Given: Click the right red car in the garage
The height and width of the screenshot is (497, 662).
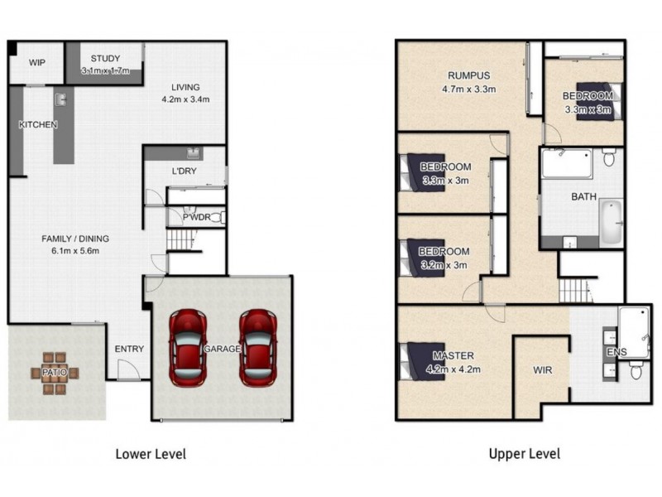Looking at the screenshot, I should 257,347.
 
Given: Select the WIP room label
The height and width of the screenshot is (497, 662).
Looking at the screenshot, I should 37,62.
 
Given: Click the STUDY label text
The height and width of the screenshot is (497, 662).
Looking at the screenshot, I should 105,58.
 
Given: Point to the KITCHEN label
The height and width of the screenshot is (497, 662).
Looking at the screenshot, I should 38,125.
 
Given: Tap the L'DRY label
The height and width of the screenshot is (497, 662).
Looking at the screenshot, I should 183,171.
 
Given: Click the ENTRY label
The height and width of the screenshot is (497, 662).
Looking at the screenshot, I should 129,349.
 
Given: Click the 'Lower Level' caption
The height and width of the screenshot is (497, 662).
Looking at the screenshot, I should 150,454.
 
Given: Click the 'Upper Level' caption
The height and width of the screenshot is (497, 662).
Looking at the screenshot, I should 524,454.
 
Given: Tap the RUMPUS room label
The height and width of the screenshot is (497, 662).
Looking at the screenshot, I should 460,72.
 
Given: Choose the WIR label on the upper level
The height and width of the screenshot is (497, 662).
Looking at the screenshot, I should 542,370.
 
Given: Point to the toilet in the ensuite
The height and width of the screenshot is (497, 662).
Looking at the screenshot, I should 636,369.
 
